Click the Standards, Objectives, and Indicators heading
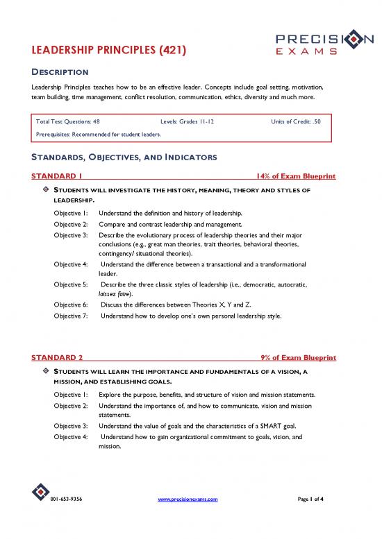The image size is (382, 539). pyautogui.click(x=115, y=157)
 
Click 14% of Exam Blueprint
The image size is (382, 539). pyautogui.click(x=296, y=177)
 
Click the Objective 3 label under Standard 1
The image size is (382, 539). pyautogui.click(x=72, y=234)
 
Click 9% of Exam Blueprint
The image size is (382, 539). pyautogui.click(x=299, y=357)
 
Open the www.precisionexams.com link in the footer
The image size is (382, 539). pyautogui.click(x=188, y=518)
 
